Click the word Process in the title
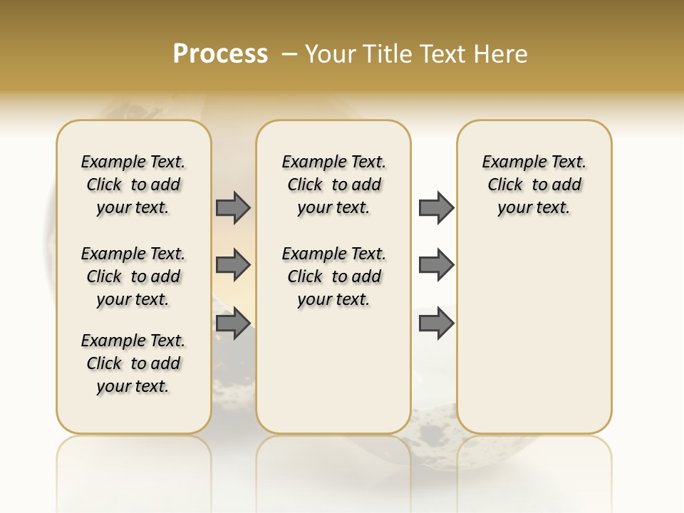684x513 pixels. [220, 54]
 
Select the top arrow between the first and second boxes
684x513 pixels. [233, 207]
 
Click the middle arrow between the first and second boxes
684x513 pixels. [233, 266]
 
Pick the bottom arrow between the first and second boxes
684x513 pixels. [233, 323]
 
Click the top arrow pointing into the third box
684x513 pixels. [436, 207]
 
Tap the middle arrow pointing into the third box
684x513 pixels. [436, 266]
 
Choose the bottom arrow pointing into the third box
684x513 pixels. [436, 323]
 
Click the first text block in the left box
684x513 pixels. [133, 185]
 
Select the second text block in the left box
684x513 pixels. [133, 276]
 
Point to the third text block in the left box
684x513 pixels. [133, 363]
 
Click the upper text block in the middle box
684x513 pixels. [333, 185]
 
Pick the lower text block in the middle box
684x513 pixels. [333, 276]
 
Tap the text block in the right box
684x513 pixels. [534, 185]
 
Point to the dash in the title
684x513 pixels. [289, 54]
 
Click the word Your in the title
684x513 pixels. [331, 54]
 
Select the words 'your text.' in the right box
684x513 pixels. [534, 208]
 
